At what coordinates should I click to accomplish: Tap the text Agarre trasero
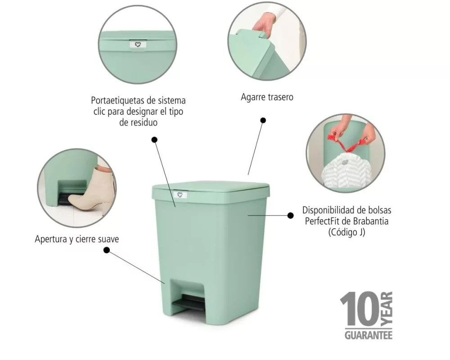pos(267,97)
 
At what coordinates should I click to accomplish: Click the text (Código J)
pos(346,232)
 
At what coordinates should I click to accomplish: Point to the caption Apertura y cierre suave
pos(76,239)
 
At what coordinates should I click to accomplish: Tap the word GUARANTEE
pos(369,335)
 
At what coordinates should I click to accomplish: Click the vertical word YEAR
pos(387,309)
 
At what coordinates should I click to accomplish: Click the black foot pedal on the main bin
pos(189,301)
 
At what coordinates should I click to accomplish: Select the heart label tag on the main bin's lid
pos(180,195)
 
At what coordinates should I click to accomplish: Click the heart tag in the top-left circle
pos(138,45)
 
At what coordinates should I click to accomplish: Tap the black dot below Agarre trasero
pos(263,120)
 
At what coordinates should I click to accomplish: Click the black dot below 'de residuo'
pos(154,140)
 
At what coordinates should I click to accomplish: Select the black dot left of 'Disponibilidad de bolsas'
pos(290,215)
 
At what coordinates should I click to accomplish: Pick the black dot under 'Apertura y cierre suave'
pos(107,250)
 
